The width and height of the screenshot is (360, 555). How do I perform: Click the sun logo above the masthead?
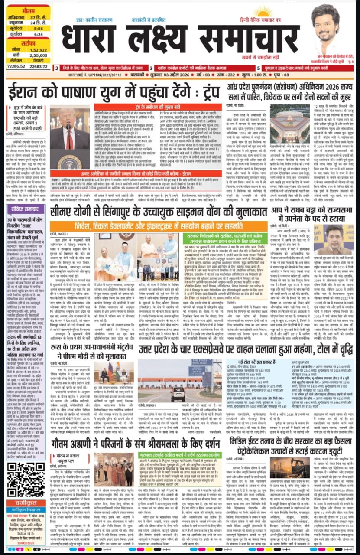[263, 10]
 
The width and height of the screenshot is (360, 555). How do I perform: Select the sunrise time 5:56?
[37, 27]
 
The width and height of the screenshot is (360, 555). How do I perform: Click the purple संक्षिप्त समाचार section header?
[26, 209]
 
